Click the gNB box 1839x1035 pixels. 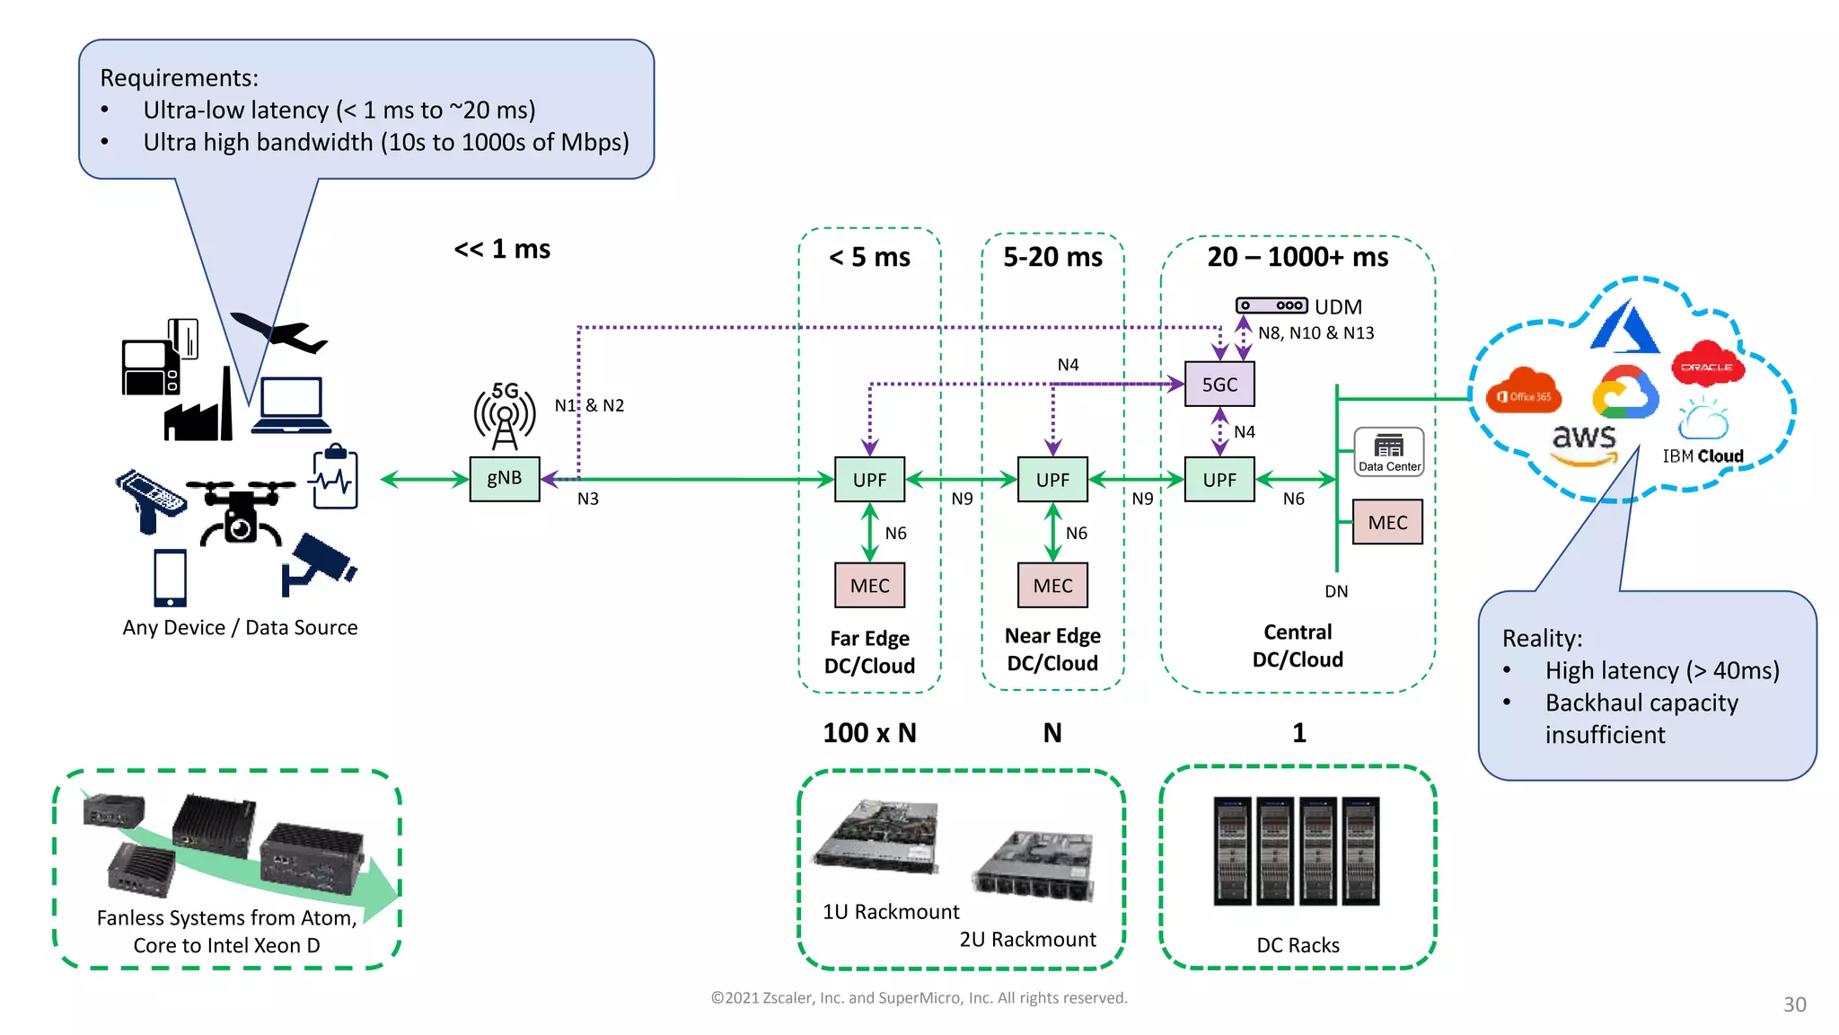pyautogui.click(x=505, y=479)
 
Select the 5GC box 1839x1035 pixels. pyautogui.click(x=1219, y=385)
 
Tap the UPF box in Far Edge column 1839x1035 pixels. pyautogui.click(x=869, y=480)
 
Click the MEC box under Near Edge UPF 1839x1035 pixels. pyautogui.click(x=1052, y=586)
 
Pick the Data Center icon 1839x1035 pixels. pyautogui.click(x=1389, y=451)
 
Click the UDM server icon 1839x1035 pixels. pyautogui.click(x=1271, y=306)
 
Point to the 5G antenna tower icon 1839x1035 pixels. pyautogui.click(x=505, y=416)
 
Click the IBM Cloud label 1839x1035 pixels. pyautogui.click(x=1703, y=456)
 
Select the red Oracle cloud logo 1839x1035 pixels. pyautogui.click(x=1707, y=365)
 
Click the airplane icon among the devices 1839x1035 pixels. pyautogui.click(x=278, y=333)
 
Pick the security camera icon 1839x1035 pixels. pyautogui.click(x=318, y=562)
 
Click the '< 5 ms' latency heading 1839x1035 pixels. pyautogui.click(x=869, y=258)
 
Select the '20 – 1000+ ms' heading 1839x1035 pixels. pyautogui.click(x=1298, y=258)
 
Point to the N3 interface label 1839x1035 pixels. pyautogui.click(x=587, y=500)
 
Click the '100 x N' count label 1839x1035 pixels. pyautogui.click(x=869, y=733)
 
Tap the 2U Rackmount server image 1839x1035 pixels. pyautogui.click(x=1034, y=864)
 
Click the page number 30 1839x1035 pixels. pyautogui.click(x=1794, y=1005)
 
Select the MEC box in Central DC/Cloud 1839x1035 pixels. pyautogui.click(x=1387, y=523)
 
